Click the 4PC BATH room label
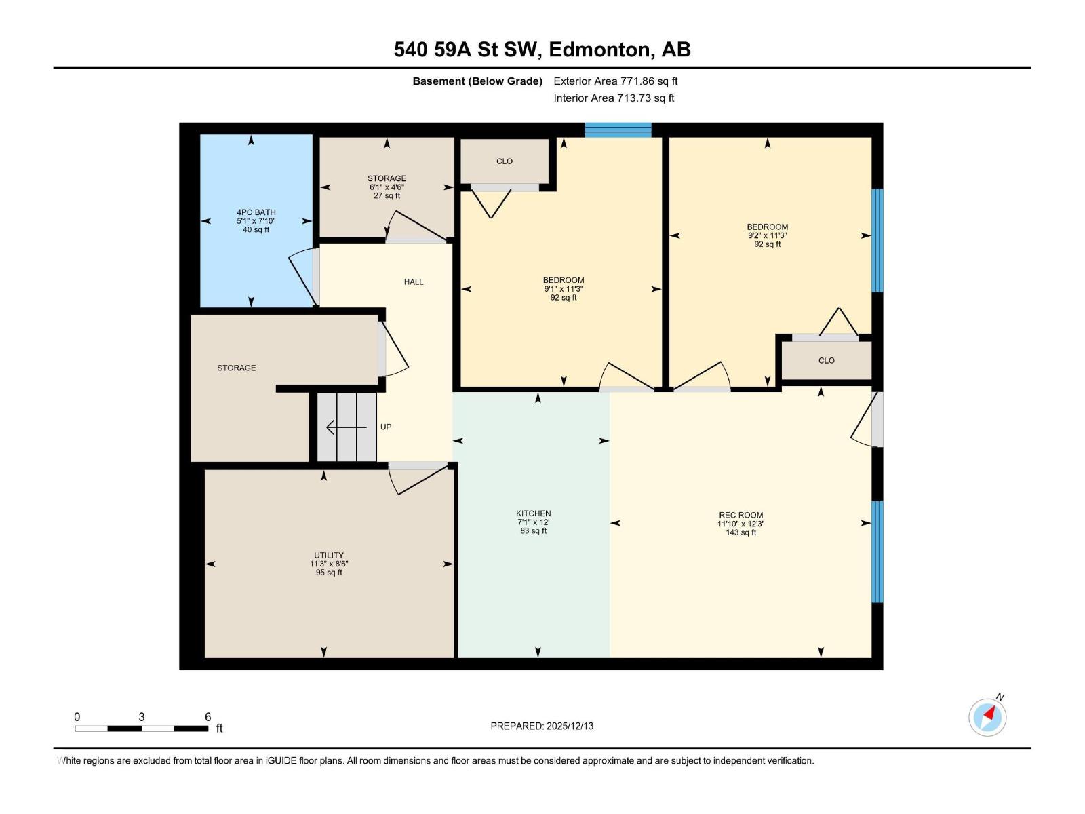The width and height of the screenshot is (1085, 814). click(x=256, y=212)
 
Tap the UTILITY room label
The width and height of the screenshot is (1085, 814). click(x=329, y=555)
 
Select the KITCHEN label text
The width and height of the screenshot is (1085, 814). click(x=533, y=513)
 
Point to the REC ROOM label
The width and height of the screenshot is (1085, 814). click(x=741, y=515)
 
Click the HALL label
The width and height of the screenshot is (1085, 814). click(x=414, y=282)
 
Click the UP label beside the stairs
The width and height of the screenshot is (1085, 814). click(x=386, y=427)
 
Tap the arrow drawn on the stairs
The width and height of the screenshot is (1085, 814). click(x=346, y=427)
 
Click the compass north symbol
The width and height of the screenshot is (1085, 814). click(x=987, y=717)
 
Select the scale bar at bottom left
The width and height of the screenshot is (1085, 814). click(x=141, y=729)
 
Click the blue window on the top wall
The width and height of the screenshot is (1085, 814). click(x=618, y=130)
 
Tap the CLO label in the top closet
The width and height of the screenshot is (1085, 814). click(x=505, y=161)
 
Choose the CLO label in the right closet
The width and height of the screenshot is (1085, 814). click(x=826, y=360)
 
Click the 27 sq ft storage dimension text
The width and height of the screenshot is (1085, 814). click(x=387, y=195)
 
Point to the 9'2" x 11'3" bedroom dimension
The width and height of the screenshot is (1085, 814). click(x=767, y=235)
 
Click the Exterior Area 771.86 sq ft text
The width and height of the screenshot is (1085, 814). click(x=615, y=81)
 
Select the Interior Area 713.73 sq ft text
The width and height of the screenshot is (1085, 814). click(x=614, y=98)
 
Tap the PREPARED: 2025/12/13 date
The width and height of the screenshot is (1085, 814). click(x=542, y=726)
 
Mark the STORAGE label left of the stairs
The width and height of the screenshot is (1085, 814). click(x=236, y=368)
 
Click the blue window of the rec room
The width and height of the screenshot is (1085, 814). click(x=877, y=551)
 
